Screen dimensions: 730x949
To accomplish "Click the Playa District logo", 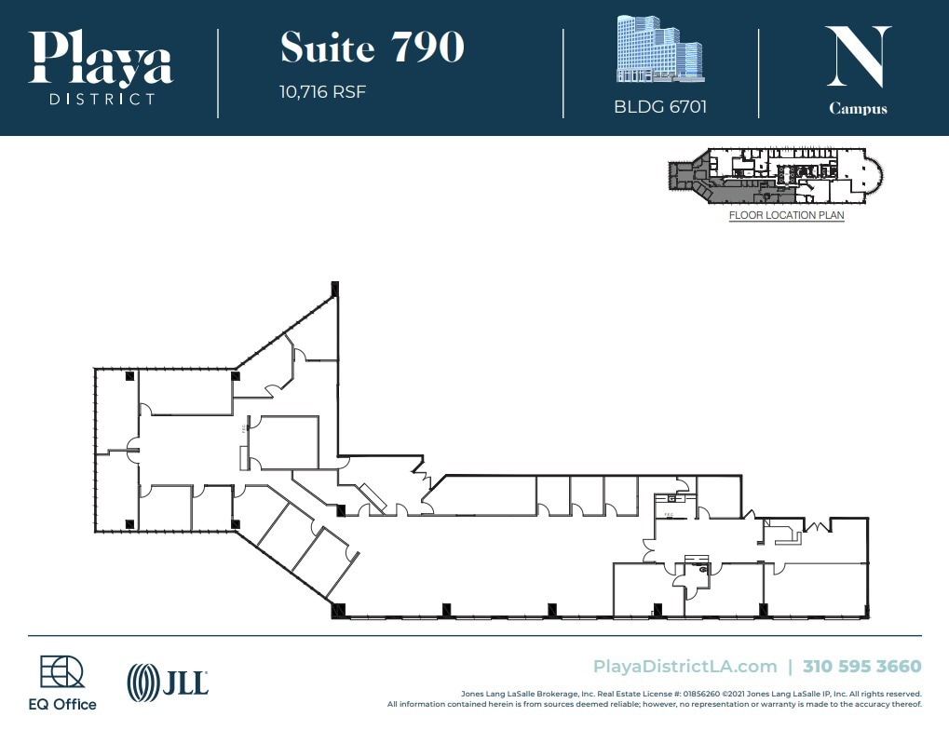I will pyautogui.click(x=101, y=67).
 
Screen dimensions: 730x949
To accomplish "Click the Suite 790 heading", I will pyautogui.click(x=372, y=48).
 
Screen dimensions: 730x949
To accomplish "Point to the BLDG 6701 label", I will pyautogui.click(x=659, y=106).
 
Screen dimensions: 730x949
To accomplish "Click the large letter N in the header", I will pyautogui.click(x=858, y=57).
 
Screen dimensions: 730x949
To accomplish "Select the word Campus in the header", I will pyautogui.click(x=858, y=108).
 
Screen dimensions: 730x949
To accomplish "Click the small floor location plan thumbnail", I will pyautogui.click(x=775, y=176).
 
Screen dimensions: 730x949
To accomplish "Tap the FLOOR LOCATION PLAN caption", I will pyautogui.click(x=786, y=216).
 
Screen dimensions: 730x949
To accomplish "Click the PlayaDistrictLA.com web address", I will pyautogui.click(x=685, y=667).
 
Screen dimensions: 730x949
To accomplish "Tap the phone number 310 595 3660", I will pyautogui.click(x=861, y=667).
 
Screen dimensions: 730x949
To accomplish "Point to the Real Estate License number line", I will pyautogui.click(x=690, y=694).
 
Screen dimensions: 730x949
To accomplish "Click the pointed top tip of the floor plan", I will pyautogui.click(x=333, y=287).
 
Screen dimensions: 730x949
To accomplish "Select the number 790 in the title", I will pyautogui.click(x=427, y=48).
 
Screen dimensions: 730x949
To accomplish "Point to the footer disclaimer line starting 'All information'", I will pyautogui.click(x=654, y=704).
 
